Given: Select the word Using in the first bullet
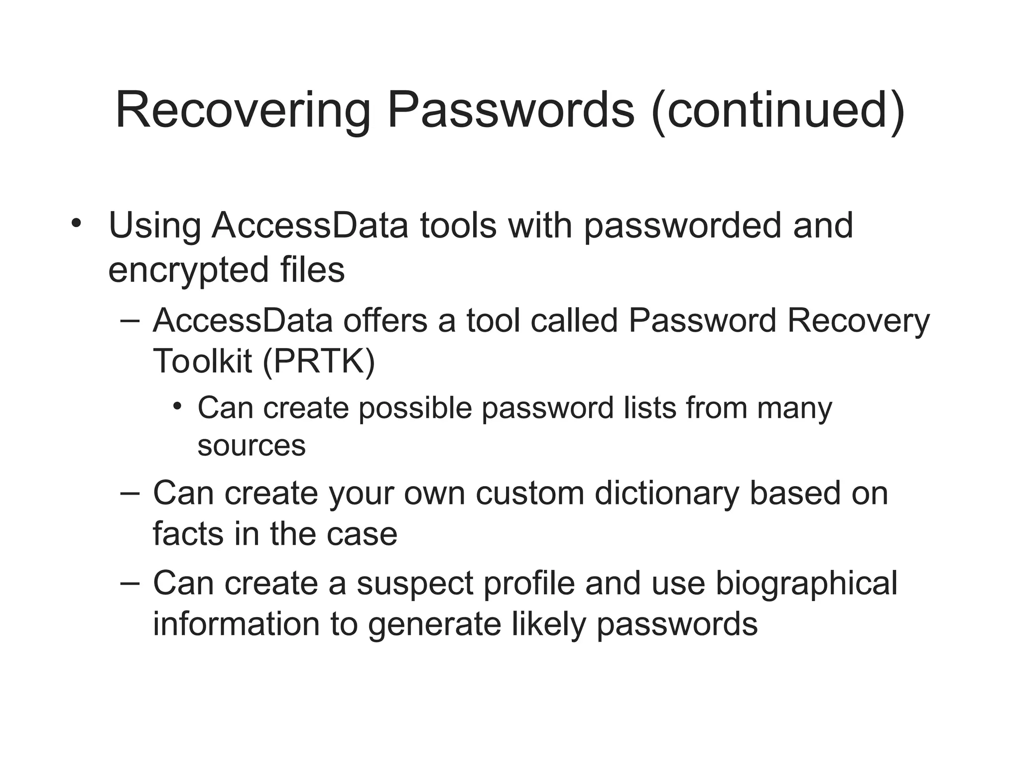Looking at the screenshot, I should click(x=154, y=226).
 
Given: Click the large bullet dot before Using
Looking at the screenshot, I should click(x=76, y=222).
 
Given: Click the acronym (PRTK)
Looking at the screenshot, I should click(x=318, y=361).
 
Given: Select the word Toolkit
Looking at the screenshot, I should click(x=202, y=361).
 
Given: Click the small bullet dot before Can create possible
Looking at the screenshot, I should click(x=178, y=406).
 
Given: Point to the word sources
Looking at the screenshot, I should click(x=252, y=445).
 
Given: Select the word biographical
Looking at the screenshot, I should click(x=806, y=584).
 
